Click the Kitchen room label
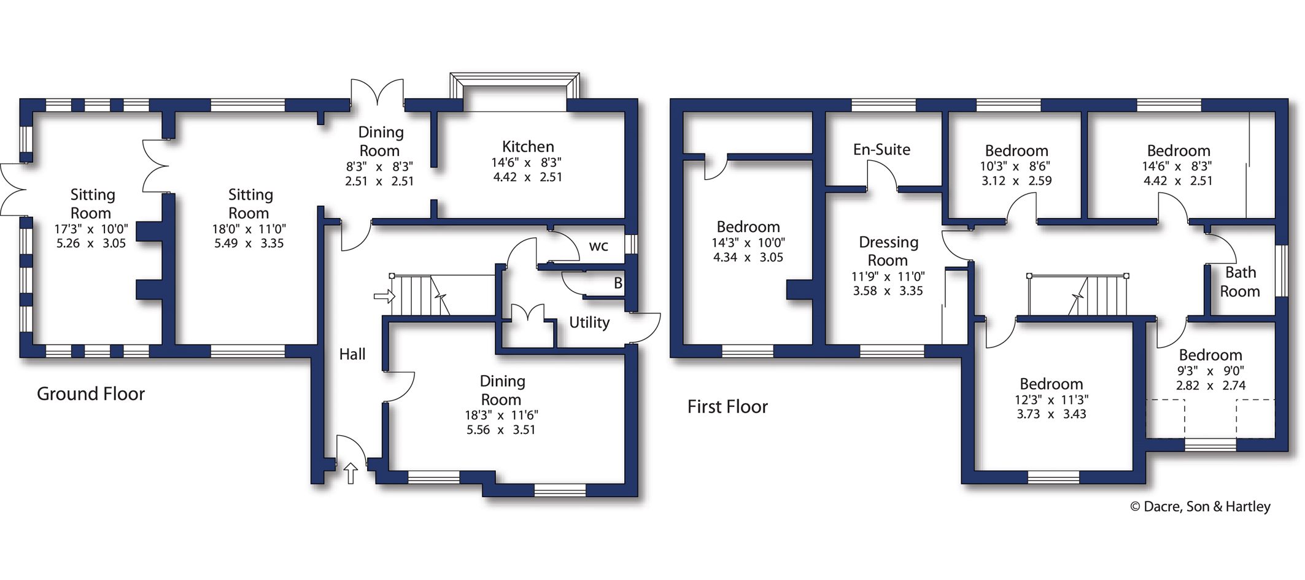528,147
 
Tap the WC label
598,247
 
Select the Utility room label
589,323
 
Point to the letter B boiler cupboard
618,283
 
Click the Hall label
352,354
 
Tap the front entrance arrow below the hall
350,473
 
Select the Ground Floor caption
91,394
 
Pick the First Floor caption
727,407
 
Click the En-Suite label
881,150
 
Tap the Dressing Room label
888,252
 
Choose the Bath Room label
1240,282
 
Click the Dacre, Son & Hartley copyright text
1201,506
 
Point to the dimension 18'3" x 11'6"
501,416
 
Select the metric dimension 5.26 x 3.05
91,244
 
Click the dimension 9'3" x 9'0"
1210,371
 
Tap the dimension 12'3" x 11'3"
1051,400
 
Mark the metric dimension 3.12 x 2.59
1017,181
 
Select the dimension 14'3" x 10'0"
748,243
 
